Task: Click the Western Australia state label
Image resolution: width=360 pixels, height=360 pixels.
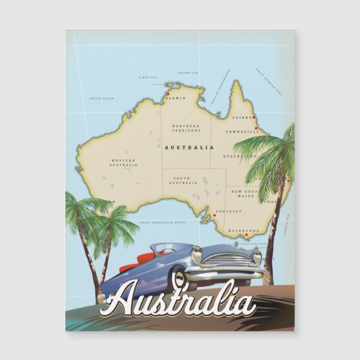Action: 124,163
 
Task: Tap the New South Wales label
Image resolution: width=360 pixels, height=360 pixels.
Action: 243,193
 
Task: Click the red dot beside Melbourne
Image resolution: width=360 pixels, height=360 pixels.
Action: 247,235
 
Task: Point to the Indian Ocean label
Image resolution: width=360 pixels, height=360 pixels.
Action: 101,99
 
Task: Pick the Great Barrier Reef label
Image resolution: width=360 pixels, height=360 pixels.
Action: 269,82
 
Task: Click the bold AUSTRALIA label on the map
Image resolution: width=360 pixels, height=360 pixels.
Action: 188,148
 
